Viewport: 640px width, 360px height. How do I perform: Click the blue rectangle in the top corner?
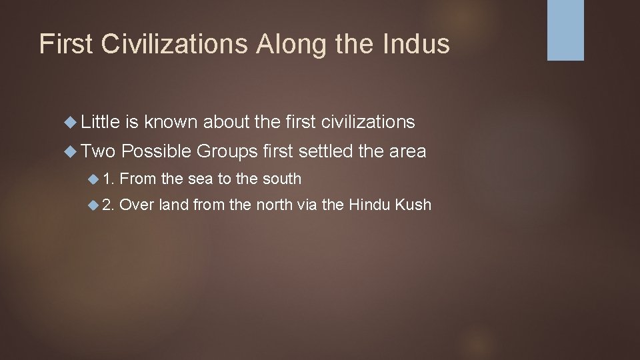coord(565,30)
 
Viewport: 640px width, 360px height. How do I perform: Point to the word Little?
coord(100,121)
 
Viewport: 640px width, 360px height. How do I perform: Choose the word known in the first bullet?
coord(171,121)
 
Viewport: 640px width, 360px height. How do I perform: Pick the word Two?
coord(99,151)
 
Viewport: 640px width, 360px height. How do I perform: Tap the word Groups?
coord(227,151)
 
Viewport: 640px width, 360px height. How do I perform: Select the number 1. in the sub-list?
coord(109,179)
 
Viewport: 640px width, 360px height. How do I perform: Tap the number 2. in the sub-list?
coord(109,204)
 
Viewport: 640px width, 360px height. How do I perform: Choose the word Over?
coord(137,204)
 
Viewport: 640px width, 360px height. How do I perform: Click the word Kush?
coord(414,204)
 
